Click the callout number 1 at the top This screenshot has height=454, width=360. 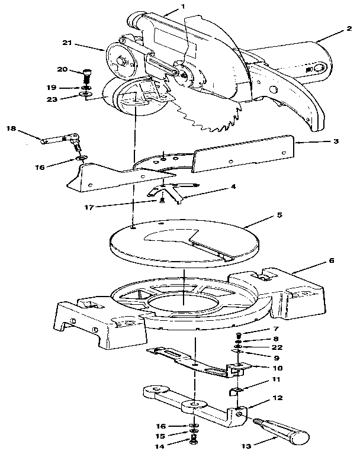click(x=182, y=6)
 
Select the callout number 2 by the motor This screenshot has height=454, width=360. click(x=349, y=28)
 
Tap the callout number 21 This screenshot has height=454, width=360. click(x=67, y=43)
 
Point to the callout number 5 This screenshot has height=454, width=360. click(x=279, y=215)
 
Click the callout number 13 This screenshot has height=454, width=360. click(x=247, y=446)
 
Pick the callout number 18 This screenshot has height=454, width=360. click(x=11, y=128)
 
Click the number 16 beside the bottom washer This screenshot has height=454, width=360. click(x=160, y=426)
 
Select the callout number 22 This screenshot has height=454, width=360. click(x=277, y=347)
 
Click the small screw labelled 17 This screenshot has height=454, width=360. click(x=162, y=200)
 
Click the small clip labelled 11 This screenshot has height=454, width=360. click(x=236, y=391)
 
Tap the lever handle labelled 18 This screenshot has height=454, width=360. click(x=61, y=139)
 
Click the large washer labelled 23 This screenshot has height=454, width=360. click(x=85, y=94)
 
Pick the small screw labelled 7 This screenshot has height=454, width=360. click(x=239, y=336)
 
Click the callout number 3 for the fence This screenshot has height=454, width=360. click(x=336, y=141)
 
